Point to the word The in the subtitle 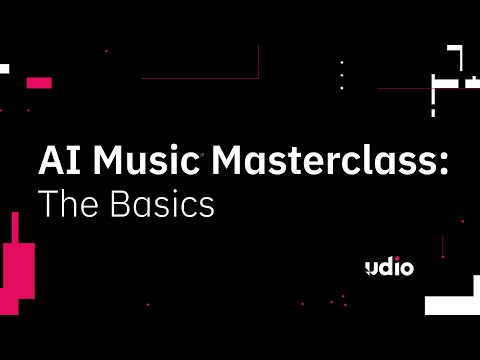[x=67, y=204]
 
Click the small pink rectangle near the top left [x=39, y=82]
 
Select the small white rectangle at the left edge [x=4, y=69]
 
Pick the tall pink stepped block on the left [x=19, y=265]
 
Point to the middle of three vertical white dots [x=342, y=75]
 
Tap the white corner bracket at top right [x=456, y=53]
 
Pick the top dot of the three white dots [x=342, y=62]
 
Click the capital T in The [x=46, y=204]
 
